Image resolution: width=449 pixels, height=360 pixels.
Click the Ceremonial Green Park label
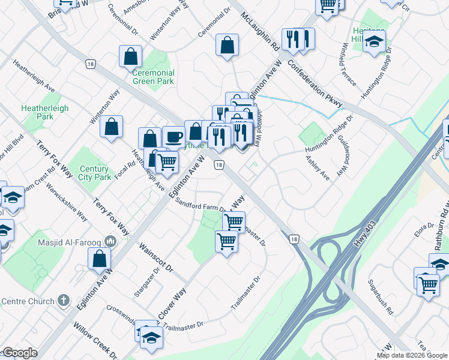click(153, 77)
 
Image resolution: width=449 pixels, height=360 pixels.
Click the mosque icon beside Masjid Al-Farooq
click(109, 241)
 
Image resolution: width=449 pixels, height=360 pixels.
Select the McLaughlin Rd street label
click(260, 31)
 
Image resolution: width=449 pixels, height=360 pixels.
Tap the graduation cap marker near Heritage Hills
click(374, 42)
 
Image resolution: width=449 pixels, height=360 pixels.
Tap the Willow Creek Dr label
click(96, 340)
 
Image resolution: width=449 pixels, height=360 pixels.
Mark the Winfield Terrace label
click(349, 68)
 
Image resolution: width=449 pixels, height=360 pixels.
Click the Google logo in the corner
click(19, 353)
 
